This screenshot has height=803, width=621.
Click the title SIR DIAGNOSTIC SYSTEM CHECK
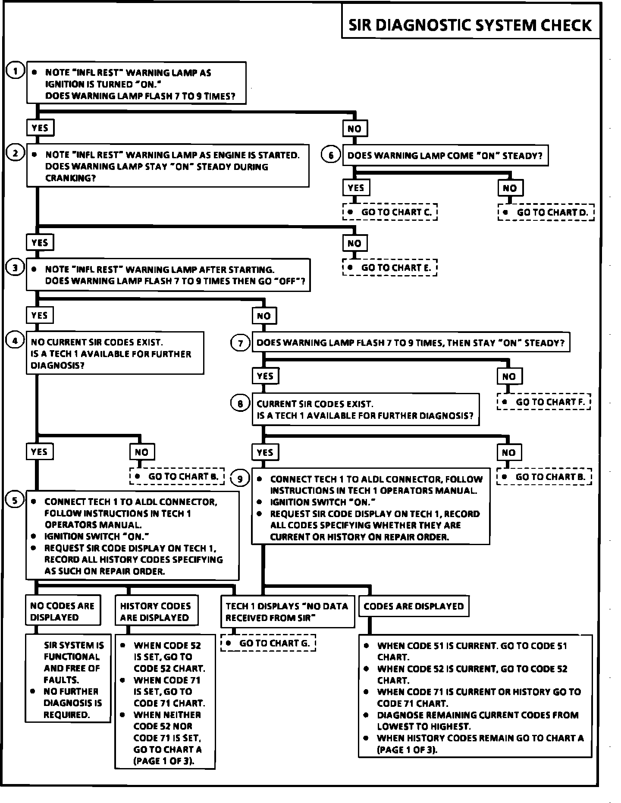(x=470, y=25)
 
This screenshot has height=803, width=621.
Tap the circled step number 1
(x=16, y=71)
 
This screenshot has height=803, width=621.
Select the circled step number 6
(x=331, y=155)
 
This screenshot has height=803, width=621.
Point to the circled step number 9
(x=240, y=478)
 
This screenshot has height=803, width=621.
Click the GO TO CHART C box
(x=390, y=212)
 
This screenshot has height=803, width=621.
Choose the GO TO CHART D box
(x=546, y=212)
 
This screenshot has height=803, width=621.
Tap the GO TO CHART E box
(x=390, y=267)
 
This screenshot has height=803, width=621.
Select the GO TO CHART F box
(x=543, y=402)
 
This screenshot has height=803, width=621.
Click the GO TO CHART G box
(x=268, y=643)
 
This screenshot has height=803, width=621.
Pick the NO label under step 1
(x=354, y=128)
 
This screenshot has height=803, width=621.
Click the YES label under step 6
(x=356, y=188)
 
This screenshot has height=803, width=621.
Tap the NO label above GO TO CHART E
(x=354, y=243)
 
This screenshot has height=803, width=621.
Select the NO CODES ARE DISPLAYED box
(x=63, y=611)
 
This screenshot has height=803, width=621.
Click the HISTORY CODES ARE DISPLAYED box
(x=156, y=611)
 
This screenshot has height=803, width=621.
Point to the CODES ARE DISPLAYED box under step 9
(x=414, y=606)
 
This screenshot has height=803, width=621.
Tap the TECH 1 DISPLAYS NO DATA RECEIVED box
(x=287, y=612)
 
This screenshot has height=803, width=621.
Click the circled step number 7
(x=241, y=343)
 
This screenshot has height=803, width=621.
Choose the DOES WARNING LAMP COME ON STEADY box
(x=445, y=156)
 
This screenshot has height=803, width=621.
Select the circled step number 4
(x=16, y=341)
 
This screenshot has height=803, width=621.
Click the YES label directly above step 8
(x=265, y=376)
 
